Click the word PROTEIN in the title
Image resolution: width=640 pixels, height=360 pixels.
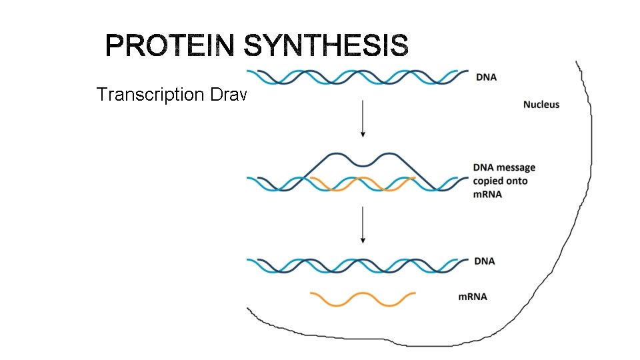(170, 47)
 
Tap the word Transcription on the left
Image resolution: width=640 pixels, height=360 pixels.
(151, 95)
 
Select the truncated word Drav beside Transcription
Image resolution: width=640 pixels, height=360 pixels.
(228, 95)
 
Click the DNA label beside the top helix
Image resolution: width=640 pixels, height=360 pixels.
(486, 77)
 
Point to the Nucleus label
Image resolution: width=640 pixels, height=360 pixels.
(541, 104)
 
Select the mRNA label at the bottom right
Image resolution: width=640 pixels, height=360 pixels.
(472, 296)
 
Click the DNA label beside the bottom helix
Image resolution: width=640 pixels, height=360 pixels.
(485, 261)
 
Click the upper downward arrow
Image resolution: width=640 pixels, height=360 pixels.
(362, 119)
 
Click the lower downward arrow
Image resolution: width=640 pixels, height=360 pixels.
(362, 225)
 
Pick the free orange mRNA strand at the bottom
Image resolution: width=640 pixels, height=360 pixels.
(363, 299)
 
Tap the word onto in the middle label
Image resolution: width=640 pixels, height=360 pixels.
(517, 181)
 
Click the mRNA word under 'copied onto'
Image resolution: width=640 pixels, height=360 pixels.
(487, 194)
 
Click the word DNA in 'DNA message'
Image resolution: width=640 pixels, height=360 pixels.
(483, 167)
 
